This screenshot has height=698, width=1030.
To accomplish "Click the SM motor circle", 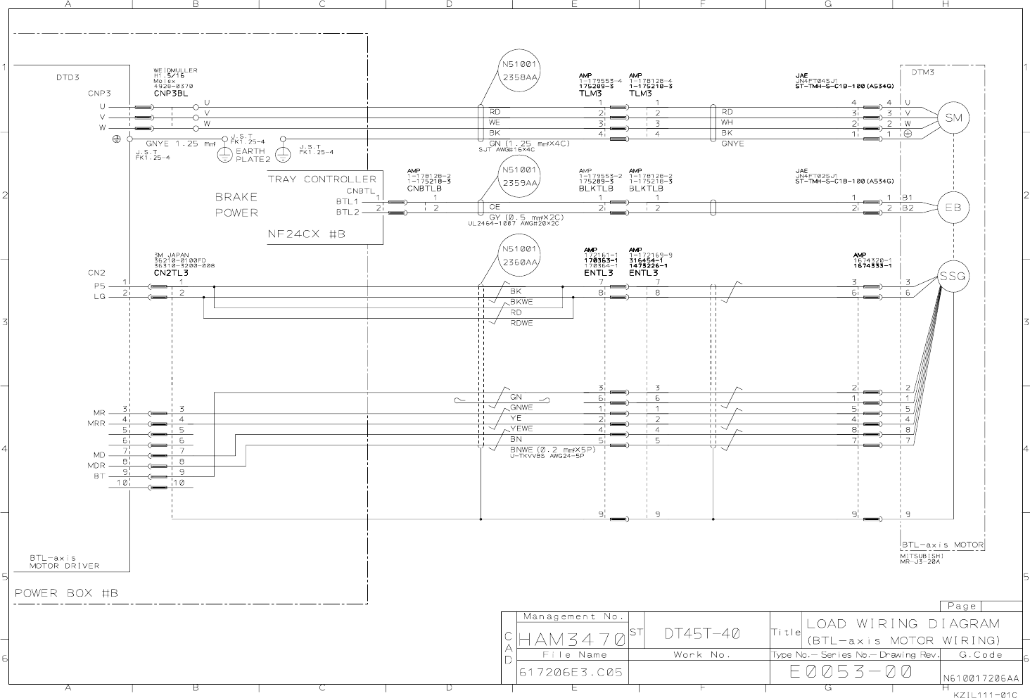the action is pos(953,118).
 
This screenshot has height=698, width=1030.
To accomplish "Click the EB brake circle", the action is pos(953,207).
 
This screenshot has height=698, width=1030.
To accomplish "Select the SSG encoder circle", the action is pos(953,277).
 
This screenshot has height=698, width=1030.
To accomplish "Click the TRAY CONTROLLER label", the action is pos(322,179).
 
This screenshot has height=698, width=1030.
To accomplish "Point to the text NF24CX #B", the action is pos(306,234).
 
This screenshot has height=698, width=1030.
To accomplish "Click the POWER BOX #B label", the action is pos(67,593).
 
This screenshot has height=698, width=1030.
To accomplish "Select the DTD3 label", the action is pos(68,77).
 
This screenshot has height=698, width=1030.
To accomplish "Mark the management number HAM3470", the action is pos(572,640).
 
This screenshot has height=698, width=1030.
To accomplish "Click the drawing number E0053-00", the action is pos(851,672).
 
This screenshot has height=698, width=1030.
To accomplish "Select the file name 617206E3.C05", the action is pos(571,673).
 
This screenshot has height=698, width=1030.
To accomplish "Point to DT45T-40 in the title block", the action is pos(701,633).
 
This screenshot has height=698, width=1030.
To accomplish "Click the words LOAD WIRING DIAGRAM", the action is pos(903,623).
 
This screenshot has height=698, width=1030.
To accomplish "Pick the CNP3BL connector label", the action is pos(171,93).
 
